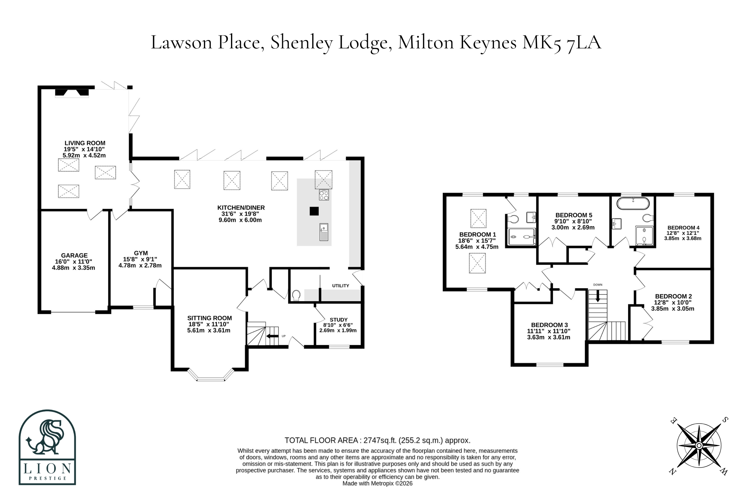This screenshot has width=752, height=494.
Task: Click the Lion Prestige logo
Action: (48, 447)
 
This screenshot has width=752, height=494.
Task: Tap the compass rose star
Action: (699, 446)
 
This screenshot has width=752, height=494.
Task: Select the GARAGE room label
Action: (74, 256)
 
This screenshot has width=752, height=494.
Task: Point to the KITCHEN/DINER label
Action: (241, 208)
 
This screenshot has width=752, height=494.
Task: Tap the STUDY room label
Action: (338, 320)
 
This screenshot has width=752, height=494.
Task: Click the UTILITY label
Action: (340, 286)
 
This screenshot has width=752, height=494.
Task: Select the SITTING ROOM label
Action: (209, 318)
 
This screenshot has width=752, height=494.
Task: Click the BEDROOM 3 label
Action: (550, 325)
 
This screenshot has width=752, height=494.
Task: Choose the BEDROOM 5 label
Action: (574, 215)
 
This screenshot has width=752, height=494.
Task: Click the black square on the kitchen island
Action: (314, 211)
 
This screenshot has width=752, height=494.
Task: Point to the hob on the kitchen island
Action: (324, 195)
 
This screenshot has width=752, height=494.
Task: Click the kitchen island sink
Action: (324, 232)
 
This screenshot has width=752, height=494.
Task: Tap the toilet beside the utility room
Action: (296, 296)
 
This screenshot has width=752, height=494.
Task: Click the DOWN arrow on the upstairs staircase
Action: (598, 296)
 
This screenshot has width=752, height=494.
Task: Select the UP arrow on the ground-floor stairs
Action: (272, 336)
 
